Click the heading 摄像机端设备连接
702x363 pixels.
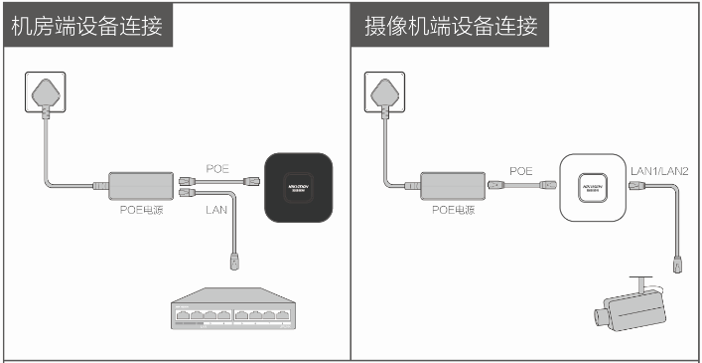click(445, 25)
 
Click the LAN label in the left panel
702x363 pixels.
click(217, 211)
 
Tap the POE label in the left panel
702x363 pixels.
click(217, 168)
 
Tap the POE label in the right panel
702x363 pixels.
click(521, 170)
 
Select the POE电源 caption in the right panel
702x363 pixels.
click(453, 211)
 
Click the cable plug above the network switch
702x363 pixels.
click(235, 263)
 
